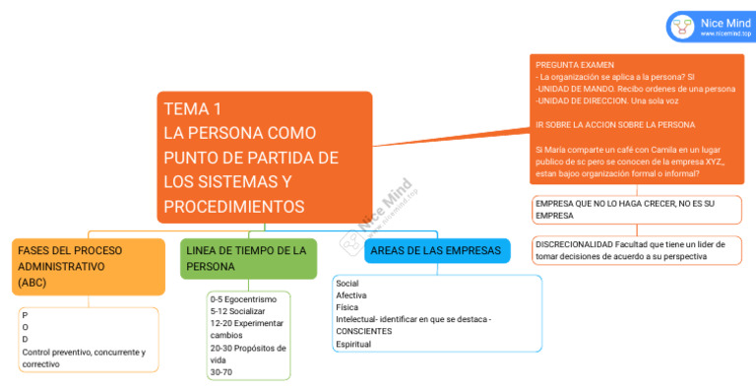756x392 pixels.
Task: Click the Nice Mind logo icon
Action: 681,27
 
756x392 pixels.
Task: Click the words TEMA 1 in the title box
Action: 193,109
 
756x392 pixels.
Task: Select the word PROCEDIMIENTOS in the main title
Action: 234,207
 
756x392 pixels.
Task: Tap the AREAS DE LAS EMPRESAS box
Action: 436,251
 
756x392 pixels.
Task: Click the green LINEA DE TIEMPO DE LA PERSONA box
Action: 248,258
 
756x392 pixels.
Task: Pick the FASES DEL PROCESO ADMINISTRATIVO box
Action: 87,266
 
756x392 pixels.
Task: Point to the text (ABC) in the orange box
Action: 32,283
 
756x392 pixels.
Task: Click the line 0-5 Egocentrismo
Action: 244,298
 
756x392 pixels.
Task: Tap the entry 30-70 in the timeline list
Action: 221,372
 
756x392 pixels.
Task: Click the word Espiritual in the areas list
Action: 354,344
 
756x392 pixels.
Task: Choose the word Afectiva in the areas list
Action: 351,295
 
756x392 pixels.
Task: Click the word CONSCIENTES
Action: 363,332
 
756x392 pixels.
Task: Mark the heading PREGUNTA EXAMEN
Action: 574,64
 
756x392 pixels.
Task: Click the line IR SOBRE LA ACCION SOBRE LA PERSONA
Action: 615,125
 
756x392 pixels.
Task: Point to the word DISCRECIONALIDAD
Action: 574,244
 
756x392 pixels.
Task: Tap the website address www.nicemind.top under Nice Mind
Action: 725,34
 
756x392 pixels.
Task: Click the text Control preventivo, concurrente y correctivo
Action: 84,358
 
